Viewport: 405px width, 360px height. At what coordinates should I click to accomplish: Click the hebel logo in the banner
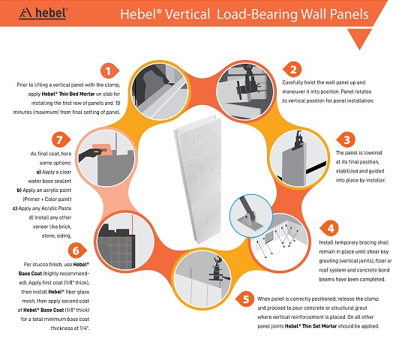pyautogui.click(x=43, y=13)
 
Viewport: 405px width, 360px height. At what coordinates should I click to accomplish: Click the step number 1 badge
pyautogui.click(x=109, y=70)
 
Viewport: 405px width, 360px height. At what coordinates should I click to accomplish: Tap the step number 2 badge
pyautogui.click(x=292, y=70)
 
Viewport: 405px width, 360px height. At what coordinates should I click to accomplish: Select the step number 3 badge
pyautogui.click(x=346, y=139)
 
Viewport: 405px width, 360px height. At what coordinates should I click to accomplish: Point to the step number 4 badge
pyautogui.click(x=329, y=228)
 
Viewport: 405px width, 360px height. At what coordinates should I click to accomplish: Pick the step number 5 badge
pyautogui.click(x=244, y=299)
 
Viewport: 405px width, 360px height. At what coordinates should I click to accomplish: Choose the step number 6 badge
pyautogui.click(x=76, y=250)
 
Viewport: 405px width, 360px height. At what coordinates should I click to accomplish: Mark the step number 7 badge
pyautogui.click(x=61, y=139)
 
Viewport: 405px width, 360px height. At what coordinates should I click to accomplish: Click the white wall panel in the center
pyautogui.click(x=198, y=179)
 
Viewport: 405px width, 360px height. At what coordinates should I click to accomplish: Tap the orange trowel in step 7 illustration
pyautogui.click(x=103, y=149)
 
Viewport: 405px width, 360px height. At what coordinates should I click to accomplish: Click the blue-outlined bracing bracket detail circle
pyautogui.click(x=251, y=216)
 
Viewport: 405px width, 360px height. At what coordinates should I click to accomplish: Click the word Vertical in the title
pyautogui.click(x=187, y=14)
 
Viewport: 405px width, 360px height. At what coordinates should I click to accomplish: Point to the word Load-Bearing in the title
pyautogui.click(x=256, y=14)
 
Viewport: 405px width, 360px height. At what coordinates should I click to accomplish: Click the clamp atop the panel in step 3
pyautogui.click(x=298, y=140)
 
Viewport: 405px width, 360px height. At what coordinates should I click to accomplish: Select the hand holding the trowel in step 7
pyautogui.click(x=91, y=154)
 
